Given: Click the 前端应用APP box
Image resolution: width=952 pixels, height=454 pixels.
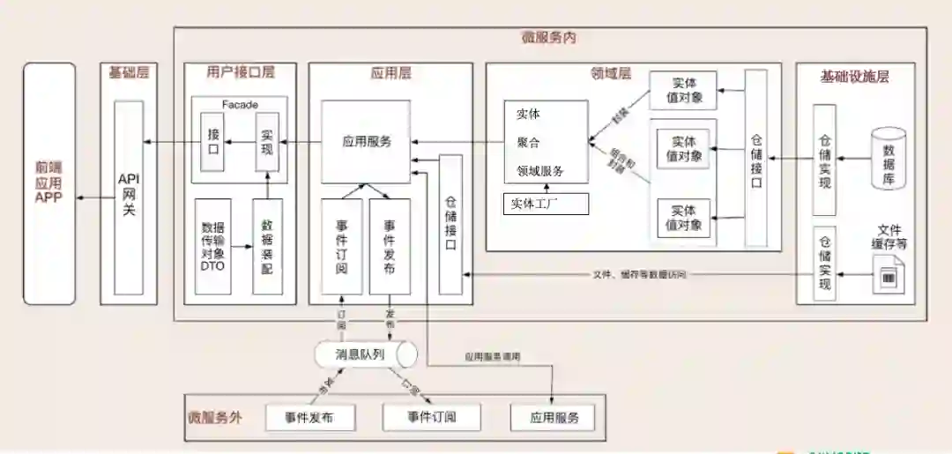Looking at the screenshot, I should tap(49, 184).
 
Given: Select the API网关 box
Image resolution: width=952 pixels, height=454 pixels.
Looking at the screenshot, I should tap(129, 197).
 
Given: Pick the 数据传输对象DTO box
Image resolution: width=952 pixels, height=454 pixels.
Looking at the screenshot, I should tap(212, 247).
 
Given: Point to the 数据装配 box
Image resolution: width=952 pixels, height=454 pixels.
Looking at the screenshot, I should tap(267, 247).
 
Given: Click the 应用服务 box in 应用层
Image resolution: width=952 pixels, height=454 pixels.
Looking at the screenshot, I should tap(366, 141).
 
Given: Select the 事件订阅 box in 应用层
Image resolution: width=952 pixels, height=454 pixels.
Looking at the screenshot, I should tap(342, 244).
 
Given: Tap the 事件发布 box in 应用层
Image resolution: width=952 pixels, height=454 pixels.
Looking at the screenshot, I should tap(389, 244).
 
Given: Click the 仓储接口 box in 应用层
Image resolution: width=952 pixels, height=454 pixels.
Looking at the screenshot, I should tap(450, 224).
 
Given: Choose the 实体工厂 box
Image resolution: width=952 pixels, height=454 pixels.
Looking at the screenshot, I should tap(545, 205).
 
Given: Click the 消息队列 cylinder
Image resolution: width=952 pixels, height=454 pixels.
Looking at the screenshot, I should tap(365, 354).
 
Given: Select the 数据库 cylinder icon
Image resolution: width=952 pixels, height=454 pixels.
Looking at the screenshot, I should tap(888, 158).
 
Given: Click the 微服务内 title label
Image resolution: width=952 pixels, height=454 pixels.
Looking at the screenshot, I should tap(549, 38).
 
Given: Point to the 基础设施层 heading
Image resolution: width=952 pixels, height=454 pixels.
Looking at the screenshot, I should tap(854, 77).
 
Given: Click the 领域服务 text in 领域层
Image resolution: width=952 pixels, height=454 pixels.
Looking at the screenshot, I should tap(539, 171).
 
